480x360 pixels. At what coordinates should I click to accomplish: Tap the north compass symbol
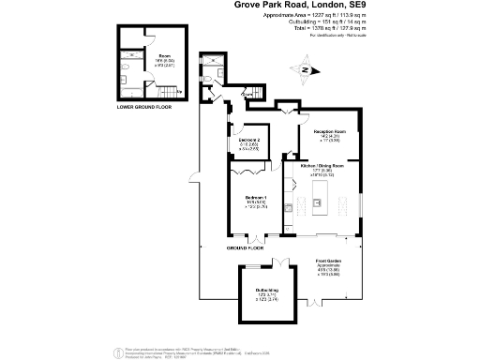point(305,68)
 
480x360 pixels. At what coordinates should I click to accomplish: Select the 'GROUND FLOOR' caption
point(245,247)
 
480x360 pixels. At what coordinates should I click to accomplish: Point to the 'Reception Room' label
point(321,131)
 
